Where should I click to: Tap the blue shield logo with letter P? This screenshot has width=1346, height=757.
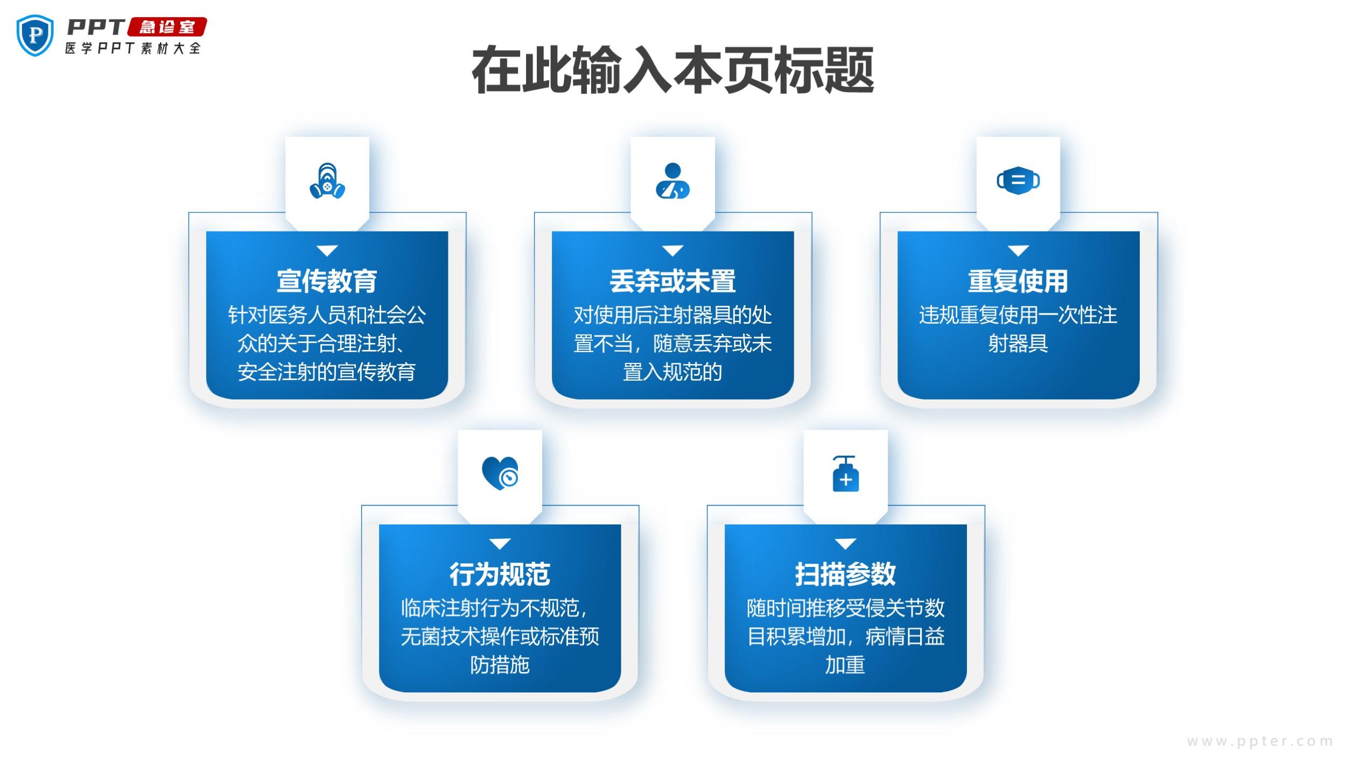(x=36, y=36)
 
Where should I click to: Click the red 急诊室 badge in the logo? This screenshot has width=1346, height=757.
(x=167, y=27)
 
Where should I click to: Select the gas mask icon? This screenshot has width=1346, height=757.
(x=327, y=181)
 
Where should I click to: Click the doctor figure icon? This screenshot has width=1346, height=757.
(x=672, y=181)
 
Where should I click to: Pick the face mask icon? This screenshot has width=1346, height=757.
(x=1018, y=181)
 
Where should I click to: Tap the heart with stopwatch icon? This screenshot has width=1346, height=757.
(x=500, y=473)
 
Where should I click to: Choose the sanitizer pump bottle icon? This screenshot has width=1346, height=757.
(x=845, y=474)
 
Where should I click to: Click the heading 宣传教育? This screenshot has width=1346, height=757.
(x=327, y=281)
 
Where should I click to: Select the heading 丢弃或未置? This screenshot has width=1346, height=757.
(x=672, y=281)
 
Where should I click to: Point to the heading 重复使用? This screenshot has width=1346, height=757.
(x=1018, y=281)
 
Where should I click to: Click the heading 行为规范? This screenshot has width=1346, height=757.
(x=500, y=574)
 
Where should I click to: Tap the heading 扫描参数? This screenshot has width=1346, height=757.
(x=845, y=574)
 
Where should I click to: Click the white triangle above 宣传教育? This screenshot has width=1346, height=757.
(x=327, y=251)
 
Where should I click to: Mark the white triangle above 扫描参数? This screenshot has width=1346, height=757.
(x=845, y=544)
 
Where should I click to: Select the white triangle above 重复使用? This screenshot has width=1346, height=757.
(x=1018, y=251)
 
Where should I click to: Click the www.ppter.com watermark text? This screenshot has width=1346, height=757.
(x=1259, y=741)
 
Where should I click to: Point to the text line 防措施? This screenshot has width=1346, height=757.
(x=500, y=665)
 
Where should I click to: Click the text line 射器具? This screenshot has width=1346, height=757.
(x=1018, y=344)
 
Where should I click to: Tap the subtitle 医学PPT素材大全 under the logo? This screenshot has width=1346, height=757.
(x=133, y=48)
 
